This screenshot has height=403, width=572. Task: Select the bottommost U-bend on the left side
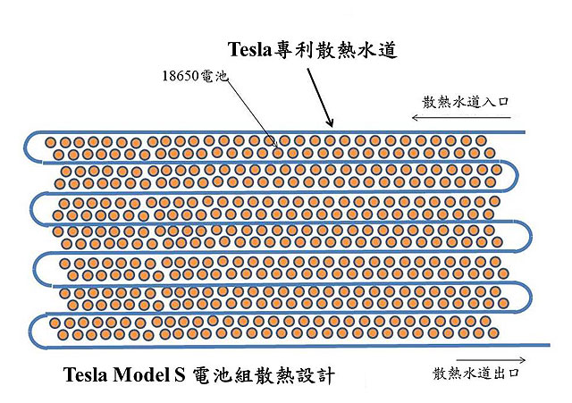pos(31,330)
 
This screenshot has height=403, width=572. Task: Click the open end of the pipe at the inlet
pos(523,132)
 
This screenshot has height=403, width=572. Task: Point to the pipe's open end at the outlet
pos(547,346)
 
